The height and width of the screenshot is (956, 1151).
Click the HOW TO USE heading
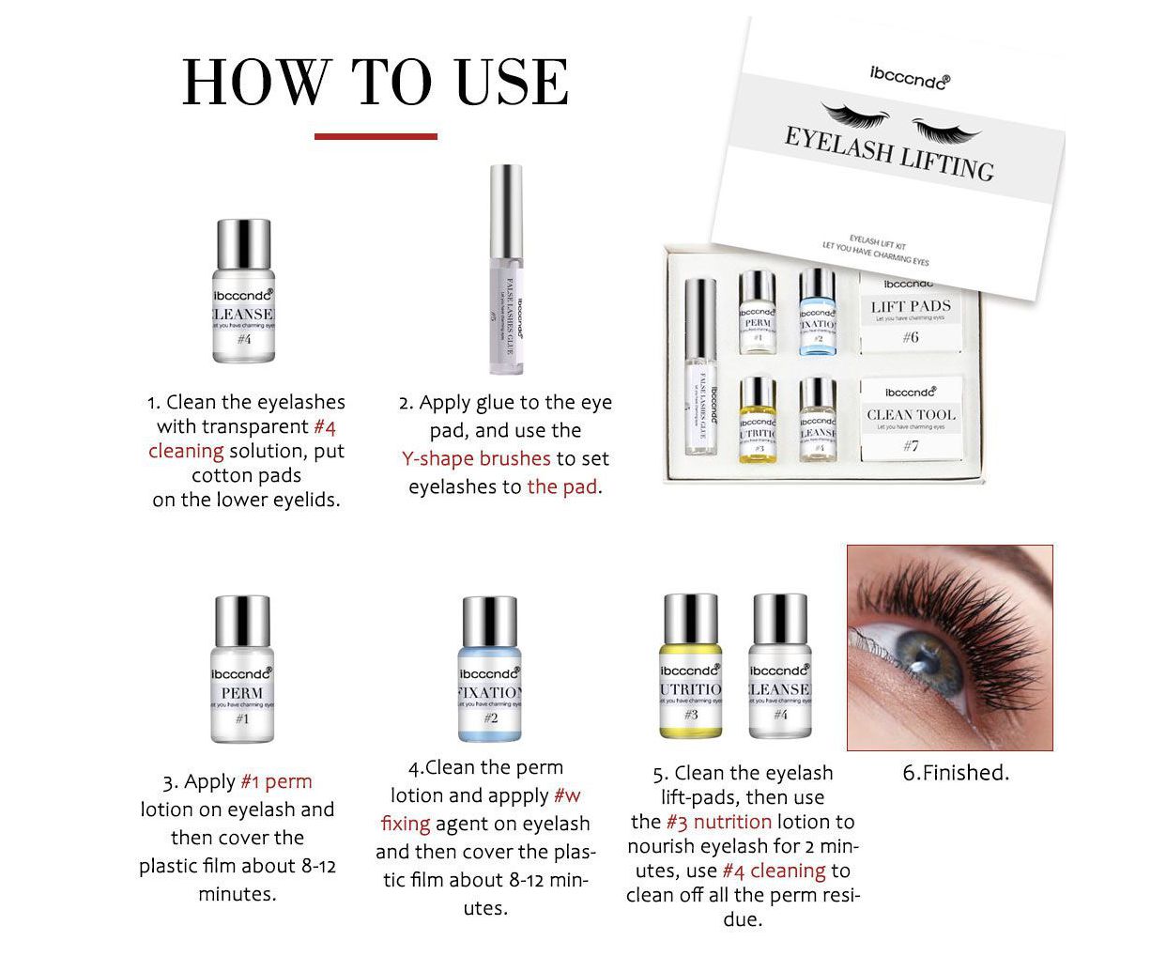pyautogui.click(x=375, y=83)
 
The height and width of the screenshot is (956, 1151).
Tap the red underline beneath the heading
pyautogui.click(x=376, y=136)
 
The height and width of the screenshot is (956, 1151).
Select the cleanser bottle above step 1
pyautogui.click(x=243, y=293)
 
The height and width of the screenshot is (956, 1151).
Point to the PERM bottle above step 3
pyautogui.click(x=242, y=669)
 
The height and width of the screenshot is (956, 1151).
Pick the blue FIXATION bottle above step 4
pyautogui.click(x=490, y=669)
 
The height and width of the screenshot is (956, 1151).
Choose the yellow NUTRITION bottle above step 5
pyautogui.click(x=691, y=667)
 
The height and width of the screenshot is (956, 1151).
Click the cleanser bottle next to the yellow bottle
pyautogui.click(x=780, y=667)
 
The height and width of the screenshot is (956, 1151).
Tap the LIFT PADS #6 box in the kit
pyautogui.click(x=910, y=314)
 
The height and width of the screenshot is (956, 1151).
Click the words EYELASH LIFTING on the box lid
pyautogui.click(x=889, y=153)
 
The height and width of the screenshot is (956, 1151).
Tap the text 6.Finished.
pyautogui.click(x=956, y=773)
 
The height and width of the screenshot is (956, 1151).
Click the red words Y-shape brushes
pyautogui.click(x=476, y=458)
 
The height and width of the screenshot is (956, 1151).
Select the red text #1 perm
pyautogui.click(x=276, y=781)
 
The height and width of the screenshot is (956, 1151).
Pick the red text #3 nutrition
pyautogui.click(x=718, y=822)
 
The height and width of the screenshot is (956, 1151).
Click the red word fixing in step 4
pyautogui.click(x=406, y=824)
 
